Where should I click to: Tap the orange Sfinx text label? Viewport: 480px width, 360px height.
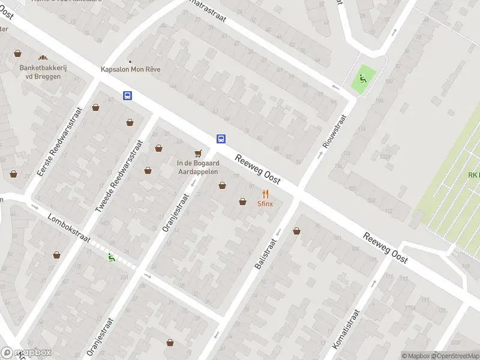click(x=265, y=203)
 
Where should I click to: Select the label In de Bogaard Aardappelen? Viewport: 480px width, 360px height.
click(x=197, y=167)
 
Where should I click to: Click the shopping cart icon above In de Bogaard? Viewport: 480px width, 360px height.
click(x=197, y=153)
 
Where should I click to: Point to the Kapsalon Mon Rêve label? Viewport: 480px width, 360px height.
click(x=131, y=69)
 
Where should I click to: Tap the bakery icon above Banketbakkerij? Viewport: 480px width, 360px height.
click(x=43, y=58)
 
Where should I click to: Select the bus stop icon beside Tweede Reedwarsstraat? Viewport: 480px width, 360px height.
click(x=128, y=95)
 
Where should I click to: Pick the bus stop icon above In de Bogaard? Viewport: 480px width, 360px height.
click(x=221, y=139)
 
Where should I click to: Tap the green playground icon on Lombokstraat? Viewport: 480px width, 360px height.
click(x=111, y=258)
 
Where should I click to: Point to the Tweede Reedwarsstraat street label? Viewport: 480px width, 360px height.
click(x=119, y=176)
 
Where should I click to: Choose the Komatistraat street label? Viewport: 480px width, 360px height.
click(x=346, y=329)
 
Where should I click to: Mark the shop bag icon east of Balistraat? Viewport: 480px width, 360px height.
click(x=296, y=231)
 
